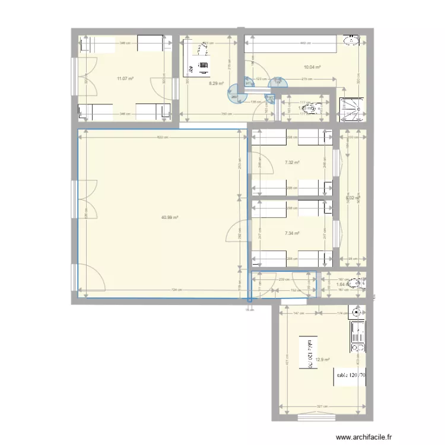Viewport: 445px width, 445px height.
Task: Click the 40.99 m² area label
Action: pyautogui.click(x=170, y=217)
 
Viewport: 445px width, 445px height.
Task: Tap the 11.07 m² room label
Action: pyautogui.click(x=125, y=78)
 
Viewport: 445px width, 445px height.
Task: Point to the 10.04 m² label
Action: pyautogui.click(x=312, y=68)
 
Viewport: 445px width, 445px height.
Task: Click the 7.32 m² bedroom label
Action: pyautogui.click(x=292, y=163)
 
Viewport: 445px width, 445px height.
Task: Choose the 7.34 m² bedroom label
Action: pyautogui.click(x=292, y=233)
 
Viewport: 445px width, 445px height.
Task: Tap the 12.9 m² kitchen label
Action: pyautogui.click(x=322, y=360)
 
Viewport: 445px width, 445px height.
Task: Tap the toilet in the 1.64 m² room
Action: pyautogui.click(x=356, y=284)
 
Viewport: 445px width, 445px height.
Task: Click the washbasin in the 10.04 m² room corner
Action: pyautogui.click(x=352, y=41)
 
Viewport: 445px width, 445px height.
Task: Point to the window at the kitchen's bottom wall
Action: pyautogui.click(x=318, y=418)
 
